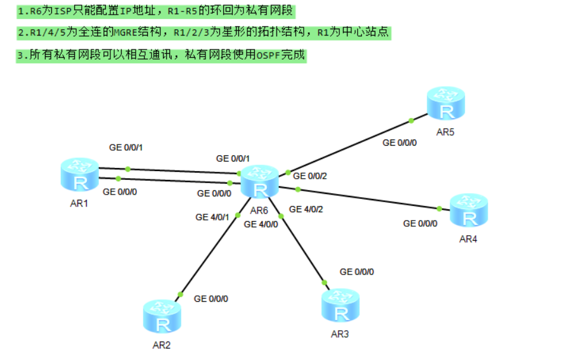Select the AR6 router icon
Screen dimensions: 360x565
coord(259,182)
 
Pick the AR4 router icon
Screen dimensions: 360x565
coord(469,210)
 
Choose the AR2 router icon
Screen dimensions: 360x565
coord(162,316)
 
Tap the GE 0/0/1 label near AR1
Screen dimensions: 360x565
coord(126,148)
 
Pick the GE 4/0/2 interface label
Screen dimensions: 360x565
coord(306,209)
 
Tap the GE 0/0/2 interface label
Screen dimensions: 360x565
coord(309,176)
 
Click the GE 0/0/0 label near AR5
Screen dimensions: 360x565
coord(399,143)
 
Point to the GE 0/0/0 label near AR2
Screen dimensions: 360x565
coord(211,299)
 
